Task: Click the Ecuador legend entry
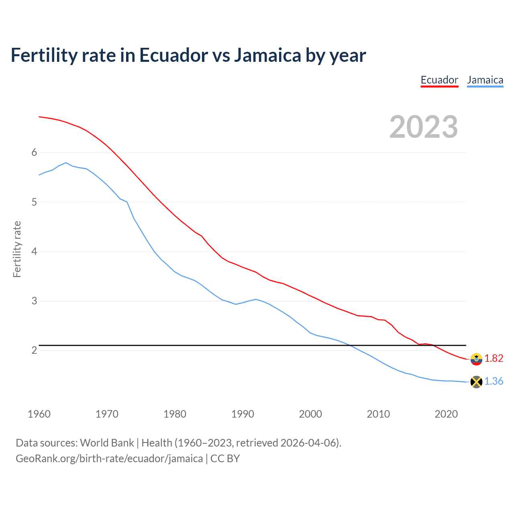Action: (439, 80)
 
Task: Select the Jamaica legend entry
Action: (485, 80)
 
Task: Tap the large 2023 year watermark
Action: (424, 127)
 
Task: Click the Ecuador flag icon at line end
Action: (476, 359)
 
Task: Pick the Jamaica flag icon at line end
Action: (476, 382)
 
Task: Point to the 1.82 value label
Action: (494, 358)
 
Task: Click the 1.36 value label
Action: (494, 381)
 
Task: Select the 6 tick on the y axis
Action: (34, 152)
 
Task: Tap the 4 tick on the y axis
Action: (34, 251)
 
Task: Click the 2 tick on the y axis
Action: (34, 350)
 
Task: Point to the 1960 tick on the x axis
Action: (39, 414)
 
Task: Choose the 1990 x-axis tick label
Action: (243, 414)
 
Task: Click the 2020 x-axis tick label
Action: (446, 414)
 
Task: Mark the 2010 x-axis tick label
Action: (378, 414)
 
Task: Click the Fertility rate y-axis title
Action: (17, 249)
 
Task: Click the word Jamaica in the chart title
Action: (267, 55)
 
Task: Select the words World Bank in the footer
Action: (107, 443)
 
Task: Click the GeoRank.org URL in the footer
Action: (109, 459)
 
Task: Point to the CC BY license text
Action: (225, 459)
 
